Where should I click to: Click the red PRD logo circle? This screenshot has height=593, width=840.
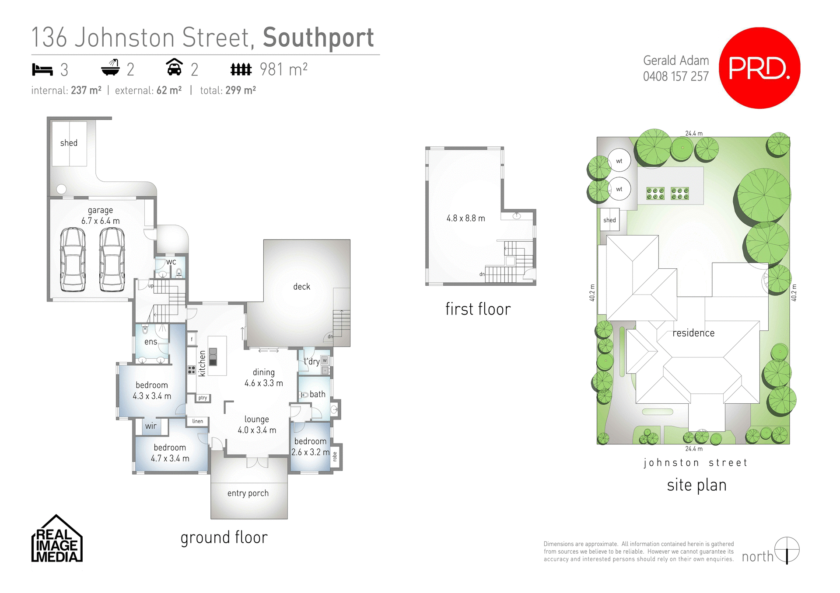coord(759,68)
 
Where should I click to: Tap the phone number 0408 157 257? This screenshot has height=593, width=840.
coord(675,76)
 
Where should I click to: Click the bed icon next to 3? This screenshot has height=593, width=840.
coord(42,69)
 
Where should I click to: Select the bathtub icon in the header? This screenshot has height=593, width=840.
coord(110,68)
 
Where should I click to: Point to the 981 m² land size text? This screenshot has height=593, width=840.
coord(283,69)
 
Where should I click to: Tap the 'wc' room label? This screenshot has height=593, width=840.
coord(171,262)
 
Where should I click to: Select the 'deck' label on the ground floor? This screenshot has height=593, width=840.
coord(301,287)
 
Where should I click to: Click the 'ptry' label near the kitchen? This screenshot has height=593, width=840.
coord(203,398)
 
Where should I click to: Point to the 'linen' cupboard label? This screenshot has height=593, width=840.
coord(198,421)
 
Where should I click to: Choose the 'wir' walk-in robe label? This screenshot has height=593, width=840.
coord(151,426)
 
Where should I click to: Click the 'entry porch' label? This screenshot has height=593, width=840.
coord(248,493)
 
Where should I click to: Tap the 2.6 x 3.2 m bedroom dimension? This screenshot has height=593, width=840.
coord(311,452)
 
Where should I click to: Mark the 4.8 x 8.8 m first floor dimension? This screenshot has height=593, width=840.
coord(465,218)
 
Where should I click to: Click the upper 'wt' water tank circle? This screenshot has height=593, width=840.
coord(619,161)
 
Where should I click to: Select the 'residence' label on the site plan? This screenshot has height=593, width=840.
coord(693,333)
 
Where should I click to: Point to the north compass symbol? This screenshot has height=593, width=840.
coord(787,550)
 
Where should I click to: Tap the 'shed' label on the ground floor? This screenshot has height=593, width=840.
coord(69,143)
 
